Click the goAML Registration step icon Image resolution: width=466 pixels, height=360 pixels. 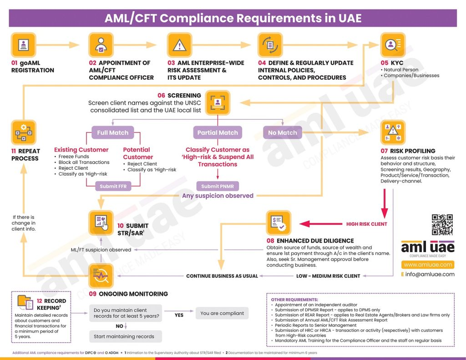click(x=23, y=45)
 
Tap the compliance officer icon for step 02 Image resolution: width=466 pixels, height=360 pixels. click(x=101, y=45)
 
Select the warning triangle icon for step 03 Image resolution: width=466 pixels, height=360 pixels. click(x=180, y=45)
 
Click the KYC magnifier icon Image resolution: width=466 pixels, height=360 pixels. click(x=393, y=45)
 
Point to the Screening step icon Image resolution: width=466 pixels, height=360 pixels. click(x=218, y=102)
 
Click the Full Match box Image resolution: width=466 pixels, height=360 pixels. click(x=113, y=133)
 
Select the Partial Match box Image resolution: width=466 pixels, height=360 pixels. click(x=218, y=133)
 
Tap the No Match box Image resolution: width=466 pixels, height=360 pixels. click(x=283, y=133)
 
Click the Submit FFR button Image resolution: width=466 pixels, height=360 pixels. click(x=112, y=186)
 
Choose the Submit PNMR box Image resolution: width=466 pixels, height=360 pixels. click(x=218, y=186)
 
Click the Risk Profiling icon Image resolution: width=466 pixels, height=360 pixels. click(x=393, y=132)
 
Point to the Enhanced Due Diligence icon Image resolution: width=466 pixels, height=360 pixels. click(x=279, y=223)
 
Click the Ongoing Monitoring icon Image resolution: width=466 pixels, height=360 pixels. click(x=101, y=275)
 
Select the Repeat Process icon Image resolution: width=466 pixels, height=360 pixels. click(x=23, y=132)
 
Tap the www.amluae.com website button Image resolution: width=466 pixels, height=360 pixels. click(x=428, y=264)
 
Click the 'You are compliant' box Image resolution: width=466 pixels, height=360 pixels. click(x=222, y=313)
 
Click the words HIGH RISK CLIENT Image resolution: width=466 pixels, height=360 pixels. click(x=367, y=224)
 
